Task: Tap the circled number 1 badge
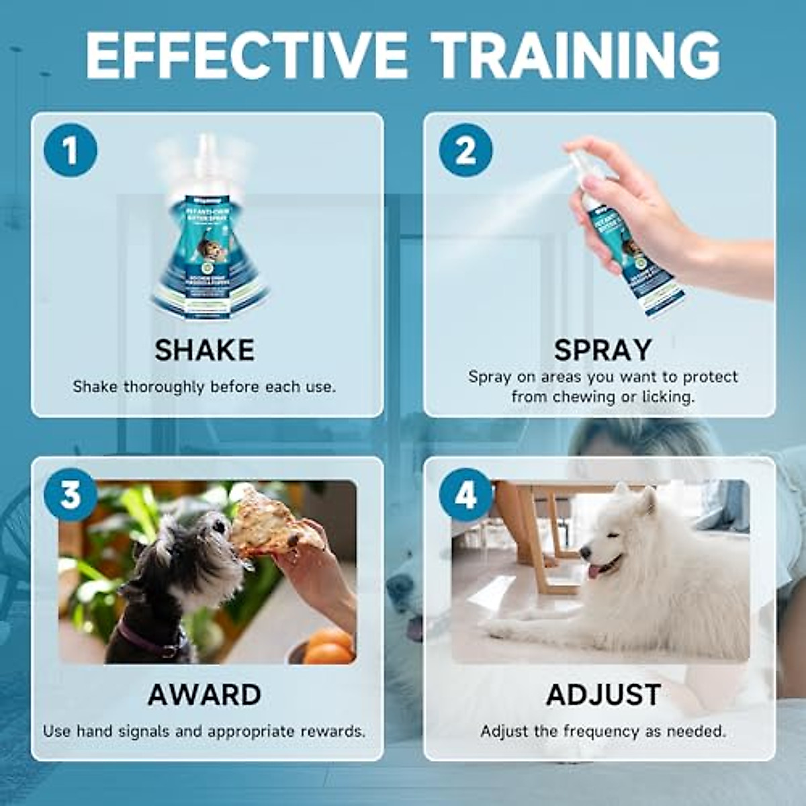[x=71, y=150]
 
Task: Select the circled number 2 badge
[x=465, y=150]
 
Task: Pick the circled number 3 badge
[x=71, y=495]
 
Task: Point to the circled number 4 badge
[x=465, y=495]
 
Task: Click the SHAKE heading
[x=204, y=350]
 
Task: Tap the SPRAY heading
[x=602, y=350]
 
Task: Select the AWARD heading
[x=204, y=695]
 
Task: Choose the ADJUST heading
[x=603, y=695]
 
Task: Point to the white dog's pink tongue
[x=597, y=572]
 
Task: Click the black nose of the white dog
[x=585, y=553]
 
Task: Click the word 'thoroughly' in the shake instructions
[x=165, y=387]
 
